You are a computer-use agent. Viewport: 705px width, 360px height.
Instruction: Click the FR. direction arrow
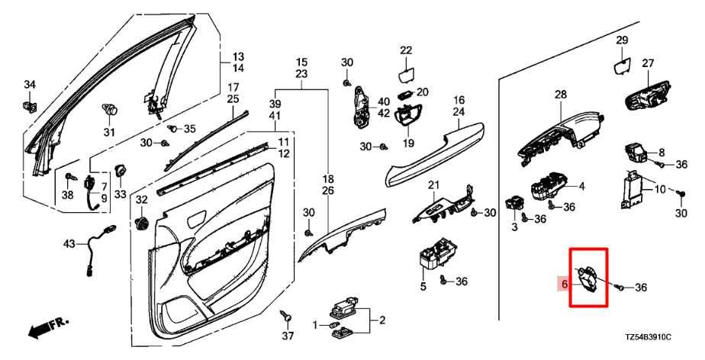coord(47,329)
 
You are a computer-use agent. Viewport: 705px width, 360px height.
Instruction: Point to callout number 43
coord(69,243)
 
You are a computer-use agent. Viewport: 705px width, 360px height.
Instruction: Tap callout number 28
coord(561,95)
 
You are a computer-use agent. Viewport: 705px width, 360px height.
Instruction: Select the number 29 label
coord(622,40)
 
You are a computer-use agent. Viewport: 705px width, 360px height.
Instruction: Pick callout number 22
coord(405,51)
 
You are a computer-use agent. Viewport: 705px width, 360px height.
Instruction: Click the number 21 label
coord(434,185)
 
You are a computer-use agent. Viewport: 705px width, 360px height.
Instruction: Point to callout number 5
coord(423,287)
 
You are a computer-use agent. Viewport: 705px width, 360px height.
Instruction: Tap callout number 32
coord(140,200)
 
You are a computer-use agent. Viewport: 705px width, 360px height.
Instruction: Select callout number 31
coord(108,133)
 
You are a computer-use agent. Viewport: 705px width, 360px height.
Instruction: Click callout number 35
coord(189,128)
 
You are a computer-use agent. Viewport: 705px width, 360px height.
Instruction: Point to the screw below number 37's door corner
coord(287,314)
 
